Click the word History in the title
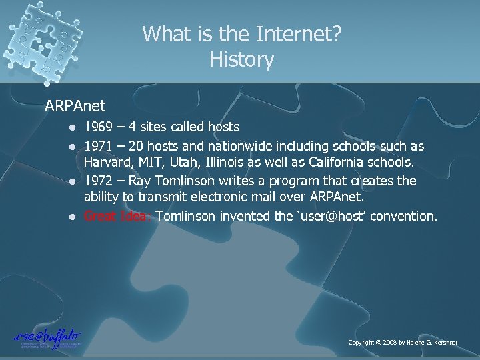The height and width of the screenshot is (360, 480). click(x=241, y=61)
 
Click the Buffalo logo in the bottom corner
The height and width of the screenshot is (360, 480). click(x=47, y=339)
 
